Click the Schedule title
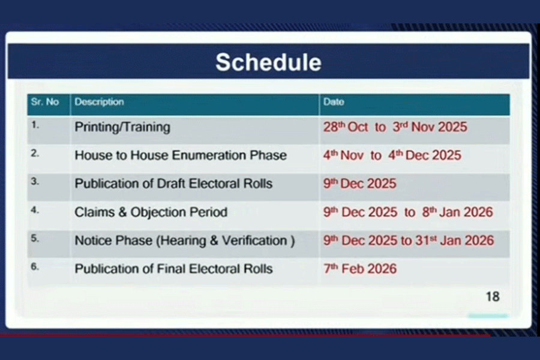pyautogui.click(x=268, y=62)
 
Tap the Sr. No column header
pyautogui.click(x=45, y=102)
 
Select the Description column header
pyautogui.click(x=99, y=102)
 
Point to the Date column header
pyautogui.click(x=334, y=102)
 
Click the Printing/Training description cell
pyautogui.click(x=122, y=127)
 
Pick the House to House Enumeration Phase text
pyautogui.click(x=181, y=155)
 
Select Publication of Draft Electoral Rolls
pyautogui.click(x=173, y=184)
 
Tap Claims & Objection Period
pyautogui.click(x=151, y=212)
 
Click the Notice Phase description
pyautogui.click(x=185, y=241)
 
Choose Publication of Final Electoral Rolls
pyautogui.click(x=173, y=269)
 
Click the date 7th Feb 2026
pyautogui.click(x=360, y=269)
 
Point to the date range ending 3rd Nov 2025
pyautogui.click(x=395, y=127)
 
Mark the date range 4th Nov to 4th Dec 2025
pyautogui.click(x=392, y=155)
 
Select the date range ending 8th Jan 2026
pyautogui.click(x=408, y=212)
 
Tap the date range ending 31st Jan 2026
pyautogui.click(x=409, y=241)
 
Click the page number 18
pyautogui.click(x=493, y=296)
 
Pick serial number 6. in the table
pyautogui.click(x=35, y=266)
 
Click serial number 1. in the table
pyautogui.click(x=35, y=125)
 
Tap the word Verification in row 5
pyautogui.click(x=254, y=241)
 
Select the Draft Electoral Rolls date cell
pyautogui.click(x=360, y=184)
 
